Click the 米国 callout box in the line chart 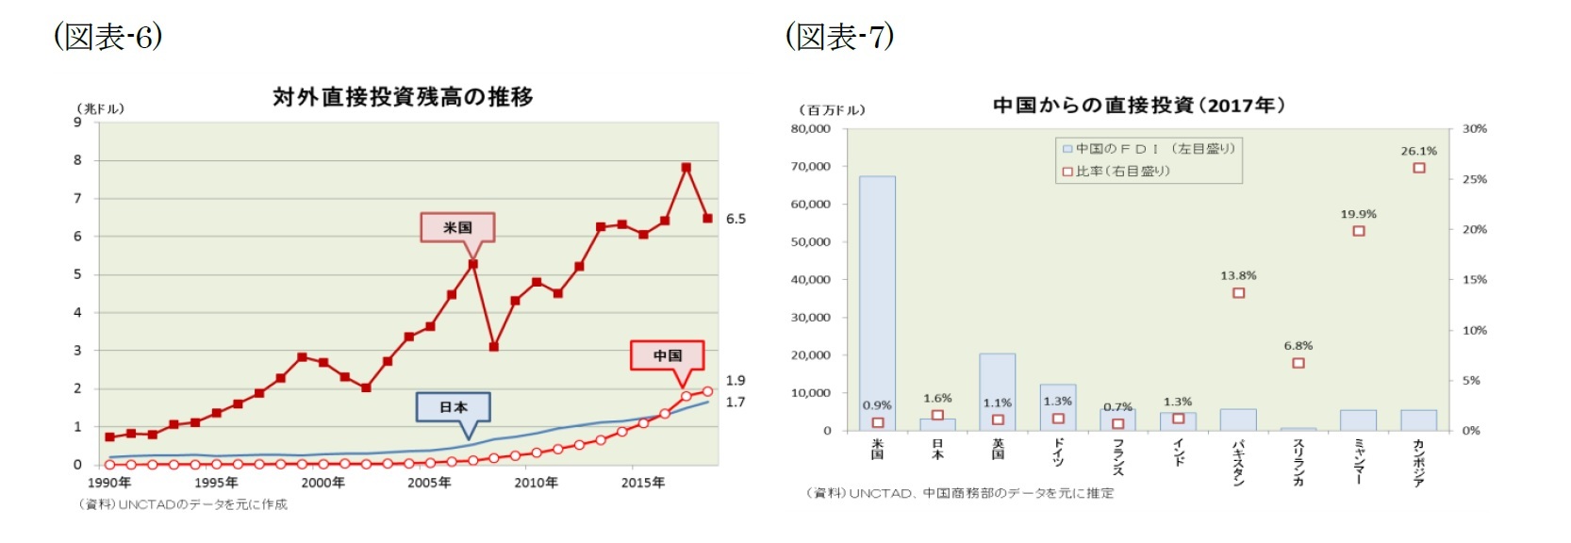click(457, 227)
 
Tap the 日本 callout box click(454, 407)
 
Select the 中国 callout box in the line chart click(668, 355)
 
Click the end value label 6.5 click(736, 219)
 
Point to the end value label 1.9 click(736, 381)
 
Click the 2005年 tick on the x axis click(429, 483)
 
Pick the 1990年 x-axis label click(109, 483)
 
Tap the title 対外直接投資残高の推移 click(403, 97)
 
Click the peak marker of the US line click(686, 168)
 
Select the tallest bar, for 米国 click(877, 302)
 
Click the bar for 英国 click(997, 391)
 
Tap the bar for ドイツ click(1057, 406)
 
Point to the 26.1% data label click(1418, 151)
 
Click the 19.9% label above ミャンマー click(1358, 214)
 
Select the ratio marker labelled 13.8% click(1238, 293)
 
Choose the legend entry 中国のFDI click(1149, 149)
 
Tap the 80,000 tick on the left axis click(811, 129)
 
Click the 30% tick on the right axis click(1474, 129)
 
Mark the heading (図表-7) click(839, 37)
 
